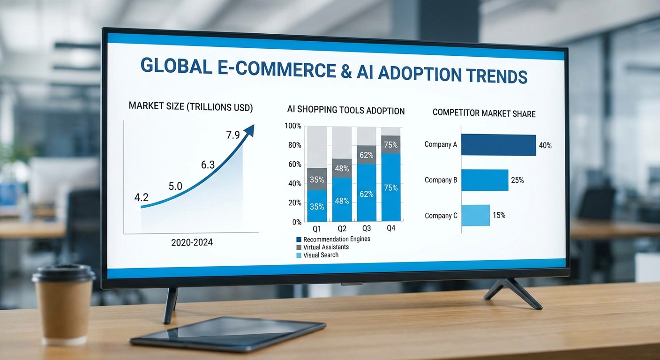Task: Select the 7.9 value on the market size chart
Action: pyautogui.click(x=233, y=135)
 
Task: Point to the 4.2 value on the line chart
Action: pyautogui.click(x=141, y=197)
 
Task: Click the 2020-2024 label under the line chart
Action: pyautogui.click(x=192, y=242)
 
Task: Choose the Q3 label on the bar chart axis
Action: pyautogui.click(x=366, y=228)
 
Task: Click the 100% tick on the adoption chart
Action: pyautogui.click(x=293, y=126)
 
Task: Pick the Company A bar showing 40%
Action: pyautogui.click(x=498, y=145)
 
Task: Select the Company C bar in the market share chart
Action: pyautogui.click(x=475, y=215)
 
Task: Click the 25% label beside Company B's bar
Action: pyautogui.click(x=517, y=180)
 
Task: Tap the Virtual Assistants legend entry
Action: pyautogui.click(x=326, y=247)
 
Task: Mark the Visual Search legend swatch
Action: pyautogui.click(x=299, y=255)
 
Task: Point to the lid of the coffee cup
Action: pyautogui.click(x=64, y=273)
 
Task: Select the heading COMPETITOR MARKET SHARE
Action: pyautogui.click(x=484, y=113)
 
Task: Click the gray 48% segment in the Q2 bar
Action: pyautogui.click(x=342, y=168)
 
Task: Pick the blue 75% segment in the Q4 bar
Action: pyautogui.click(x=391, y=187)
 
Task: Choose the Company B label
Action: pyautogui.click(x=441, y=180)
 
